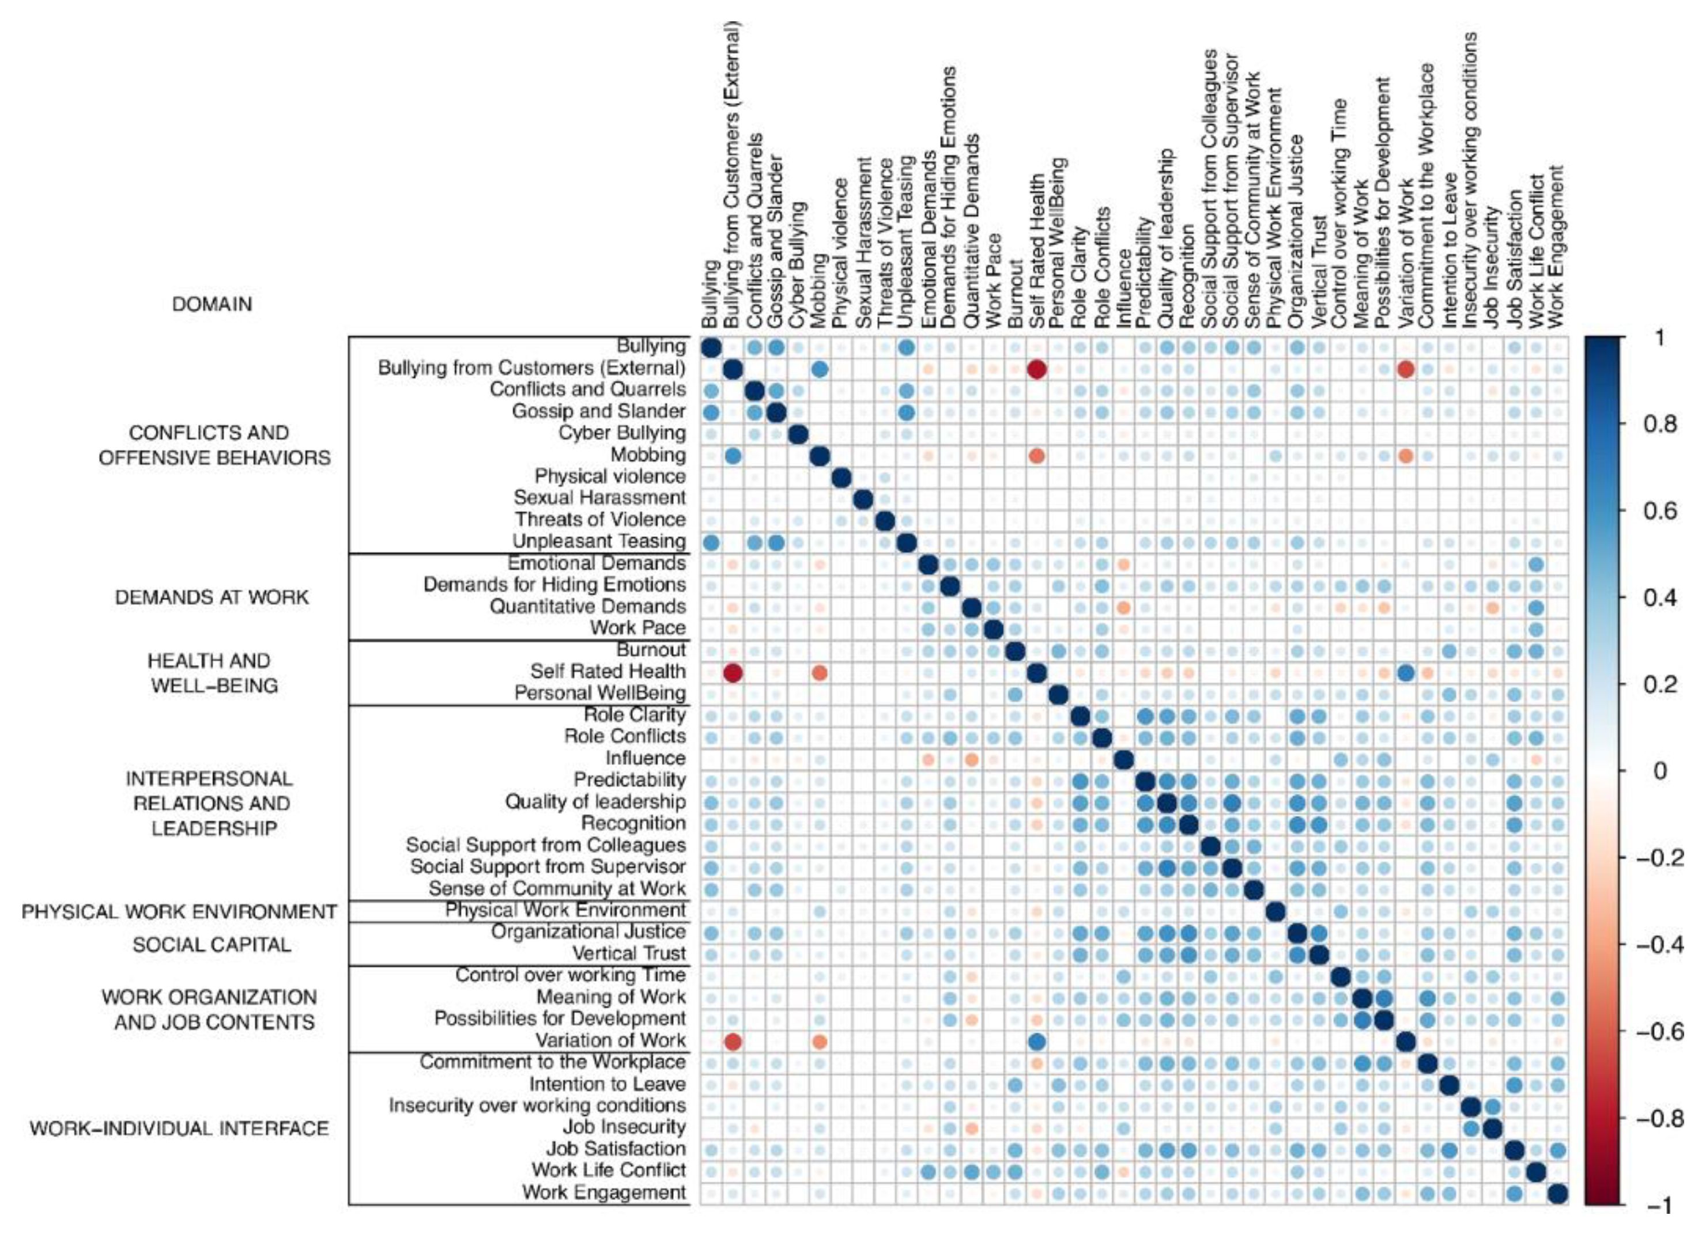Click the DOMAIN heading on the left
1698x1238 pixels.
tap(212, 304)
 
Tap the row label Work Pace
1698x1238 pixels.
tap(637, 628)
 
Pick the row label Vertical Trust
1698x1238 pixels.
tap(628, 953)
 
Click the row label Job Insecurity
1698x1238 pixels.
tap(624, 1127)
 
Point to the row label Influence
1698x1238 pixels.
tap(645, 758)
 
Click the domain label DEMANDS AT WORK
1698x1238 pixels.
tap(212, 597)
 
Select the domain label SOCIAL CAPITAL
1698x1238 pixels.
tap(212, 945)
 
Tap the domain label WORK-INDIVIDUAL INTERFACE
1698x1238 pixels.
tap(179, 1129)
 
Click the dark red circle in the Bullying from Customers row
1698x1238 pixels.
tap(1037, 369)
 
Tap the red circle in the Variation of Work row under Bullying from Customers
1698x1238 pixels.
tap(733, 1042)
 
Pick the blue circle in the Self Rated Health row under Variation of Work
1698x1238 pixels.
tap(1406, 672)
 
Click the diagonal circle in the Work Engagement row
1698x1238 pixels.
tap(1557, 1193)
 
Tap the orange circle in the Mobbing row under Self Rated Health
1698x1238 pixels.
tap(1037, 456)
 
